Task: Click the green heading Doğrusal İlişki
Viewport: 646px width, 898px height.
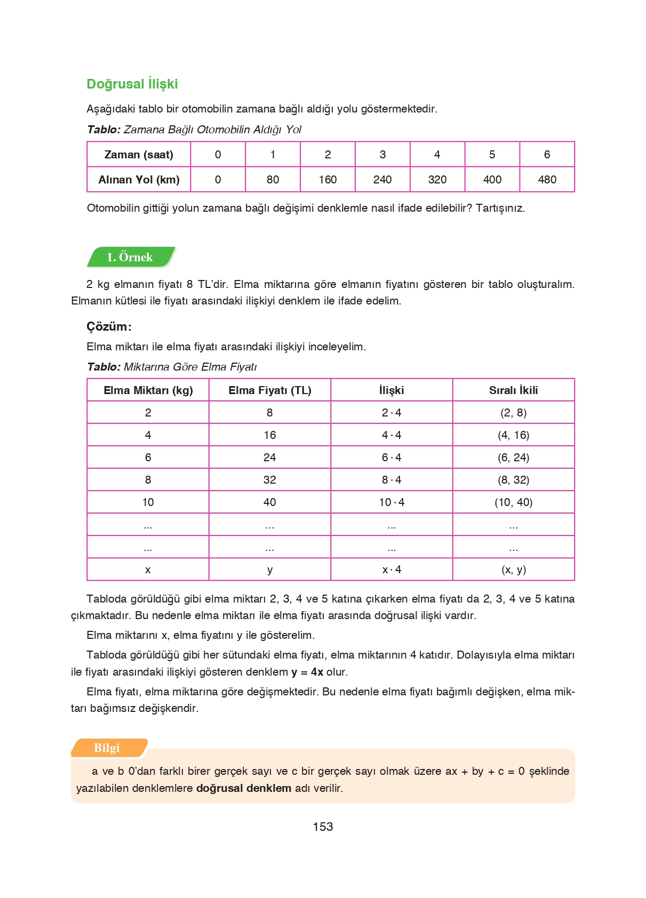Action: tap(132, 84)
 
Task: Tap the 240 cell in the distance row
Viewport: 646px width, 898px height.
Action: tap(382, 180)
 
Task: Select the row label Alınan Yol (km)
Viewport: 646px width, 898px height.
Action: tap(139, 180)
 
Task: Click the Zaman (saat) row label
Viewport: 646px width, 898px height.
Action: tap(139, 155)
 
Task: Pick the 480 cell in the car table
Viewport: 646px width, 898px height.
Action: tap(547, 180)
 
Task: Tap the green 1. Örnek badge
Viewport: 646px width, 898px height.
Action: tap(130, 257)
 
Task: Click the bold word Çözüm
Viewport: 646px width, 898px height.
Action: tap(108, 326)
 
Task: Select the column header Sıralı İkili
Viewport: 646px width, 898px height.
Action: tap(513, 390)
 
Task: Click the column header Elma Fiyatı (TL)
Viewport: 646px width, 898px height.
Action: tap(269, 390)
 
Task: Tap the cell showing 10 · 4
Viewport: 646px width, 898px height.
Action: tap(392, 502)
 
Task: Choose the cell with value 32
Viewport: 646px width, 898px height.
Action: tap(269, 480)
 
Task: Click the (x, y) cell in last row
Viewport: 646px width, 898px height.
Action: tap(513, 570)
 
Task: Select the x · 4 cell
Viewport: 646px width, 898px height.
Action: tap(392, 570)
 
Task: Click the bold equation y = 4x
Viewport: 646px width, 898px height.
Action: tap(307, 672)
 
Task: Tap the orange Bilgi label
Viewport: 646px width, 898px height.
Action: tap(107, 748)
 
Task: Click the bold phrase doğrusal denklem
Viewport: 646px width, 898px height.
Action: tap(244, 788)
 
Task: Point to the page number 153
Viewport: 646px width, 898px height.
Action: tap(323, 827)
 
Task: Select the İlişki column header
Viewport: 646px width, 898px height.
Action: tap(392, 390)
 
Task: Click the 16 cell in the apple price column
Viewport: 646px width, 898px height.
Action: tap(269, 435)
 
